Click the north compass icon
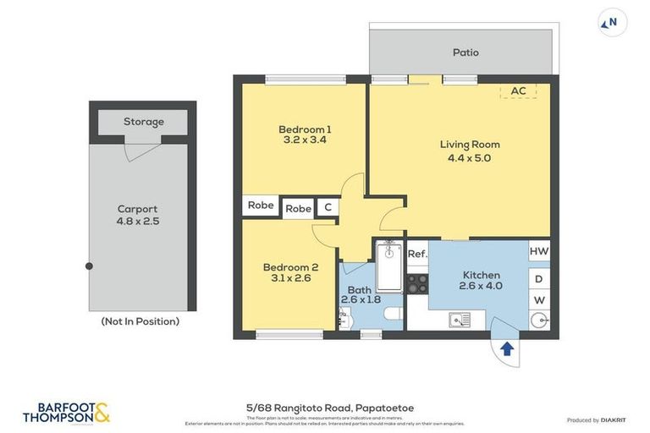612,23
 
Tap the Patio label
465,52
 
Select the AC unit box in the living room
519,91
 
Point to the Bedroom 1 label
305,129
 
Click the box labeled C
327,208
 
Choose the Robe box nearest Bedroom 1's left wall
261,205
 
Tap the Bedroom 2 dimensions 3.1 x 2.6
290,277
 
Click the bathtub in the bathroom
388,267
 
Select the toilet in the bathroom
393,315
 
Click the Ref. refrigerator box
417,254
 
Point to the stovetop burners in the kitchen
417,283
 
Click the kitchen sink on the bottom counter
460,320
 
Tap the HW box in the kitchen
539,251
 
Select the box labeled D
539,278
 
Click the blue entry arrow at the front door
507,348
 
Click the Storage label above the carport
144,122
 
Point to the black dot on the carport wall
89,266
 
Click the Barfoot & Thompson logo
66,412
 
